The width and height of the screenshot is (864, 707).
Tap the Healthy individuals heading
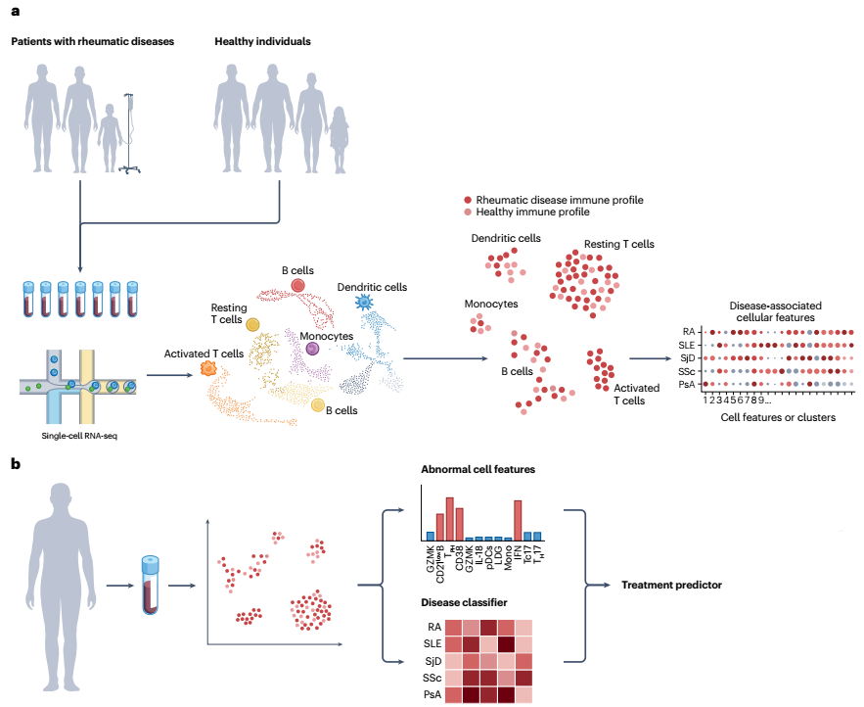coord(263,42)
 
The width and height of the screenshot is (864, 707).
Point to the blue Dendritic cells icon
coord(364,302)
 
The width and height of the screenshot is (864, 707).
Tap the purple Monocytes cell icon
coord(312,348)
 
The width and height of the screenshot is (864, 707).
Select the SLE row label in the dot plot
coord(692,345)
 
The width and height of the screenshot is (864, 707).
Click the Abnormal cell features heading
coord(477,469)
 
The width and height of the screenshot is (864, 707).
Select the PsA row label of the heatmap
coord(432,695)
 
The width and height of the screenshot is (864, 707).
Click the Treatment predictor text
coord(671,585)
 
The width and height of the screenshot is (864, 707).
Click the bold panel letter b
coord(15,463)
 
